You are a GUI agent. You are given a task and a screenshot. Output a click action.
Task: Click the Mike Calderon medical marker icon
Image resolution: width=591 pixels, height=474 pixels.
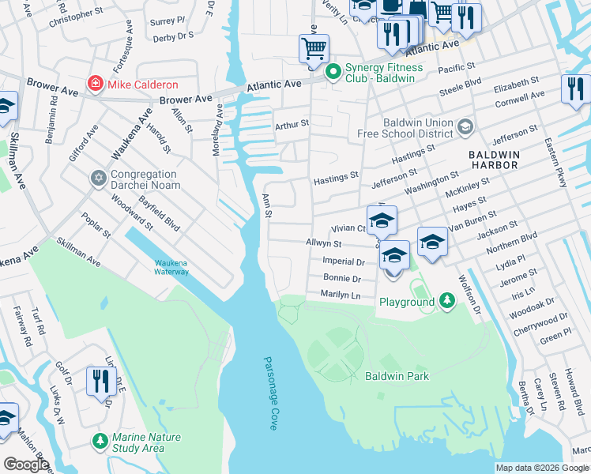(96, 84)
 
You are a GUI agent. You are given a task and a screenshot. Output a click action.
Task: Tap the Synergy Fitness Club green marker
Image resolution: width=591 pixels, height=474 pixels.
(333, 72)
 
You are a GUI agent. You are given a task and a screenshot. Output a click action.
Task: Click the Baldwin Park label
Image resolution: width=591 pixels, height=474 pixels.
(397, 376)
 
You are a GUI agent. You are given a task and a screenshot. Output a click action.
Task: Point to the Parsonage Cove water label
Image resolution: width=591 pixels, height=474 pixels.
(270, 392)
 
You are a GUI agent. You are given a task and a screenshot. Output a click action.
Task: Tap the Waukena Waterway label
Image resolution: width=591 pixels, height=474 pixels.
(171, 268)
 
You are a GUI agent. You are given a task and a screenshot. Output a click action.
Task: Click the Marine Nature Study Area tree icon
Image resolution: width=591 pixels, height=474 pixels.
(100, 441)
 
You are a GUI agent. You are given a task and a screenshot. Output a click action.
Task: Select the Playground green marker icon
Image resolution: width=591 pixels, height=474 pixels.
(447, 301)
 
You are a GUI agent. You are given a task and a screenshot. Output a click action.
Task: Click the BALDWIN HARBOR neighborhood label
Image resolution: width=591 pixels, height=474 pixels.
(493, 160)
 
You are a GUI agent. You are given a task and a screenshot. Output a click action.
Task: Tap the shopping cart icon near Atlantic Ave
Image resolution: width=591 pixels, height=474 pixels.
(314, 49)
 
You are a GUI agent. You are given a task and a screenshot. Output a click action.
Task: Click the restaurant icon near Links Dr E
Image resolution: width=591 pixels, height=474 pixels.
(101, 382)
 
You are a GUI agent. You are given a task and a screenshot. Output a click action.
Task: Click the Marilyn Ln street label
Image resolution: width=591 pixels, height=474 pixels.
(341, 295)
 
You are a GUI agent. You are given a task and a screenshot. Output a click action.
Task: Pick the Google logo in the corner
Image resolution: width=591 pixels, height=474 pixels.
(26, 465)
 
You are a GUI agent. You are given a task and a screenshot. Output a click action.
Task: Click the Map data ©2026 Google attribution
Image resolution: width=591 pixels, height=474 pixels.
(542, 468)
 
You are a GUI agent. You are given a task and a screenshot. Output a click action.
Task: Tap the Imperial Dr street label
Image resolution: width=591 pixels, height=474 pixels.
(343, 261)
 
